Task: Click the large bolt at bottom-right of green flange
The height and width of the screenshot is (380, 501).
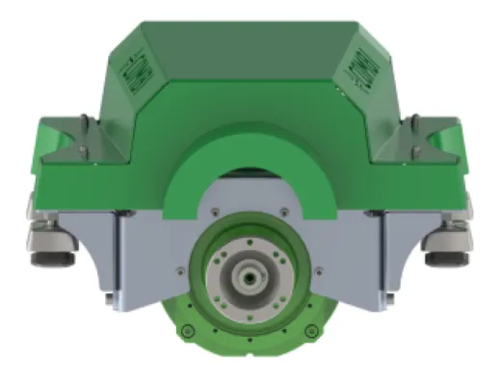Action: click(310, 332)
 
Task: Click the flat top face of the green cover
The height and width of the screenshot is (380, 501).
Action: click(250, 38)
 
